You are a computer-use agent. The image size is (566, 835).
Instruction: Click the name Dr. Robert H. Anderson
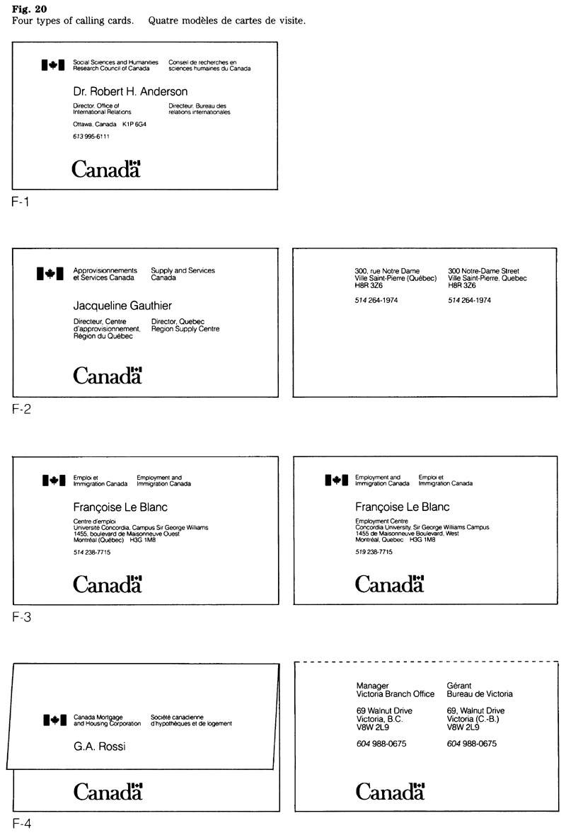click(x=130, y=92)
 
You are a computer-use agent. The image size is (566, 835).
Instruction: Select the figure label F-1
click(x=21, y=201)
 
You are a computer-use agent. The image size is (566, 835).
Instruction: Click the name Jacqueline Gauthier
click(x=122, y=306)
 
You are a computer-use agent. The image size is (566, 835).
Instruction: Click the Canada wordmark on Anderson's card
click(x=107, y=169)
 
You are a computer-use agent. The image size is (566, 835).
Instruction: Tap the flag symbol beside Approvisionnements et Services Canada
click(x=50, y=273)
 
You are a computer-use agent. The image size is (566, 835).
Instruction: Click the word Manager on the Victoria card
click(x=372, y=686)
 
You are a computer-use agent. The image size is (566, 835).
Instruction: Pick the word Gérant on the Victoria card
click(x=461, y=686)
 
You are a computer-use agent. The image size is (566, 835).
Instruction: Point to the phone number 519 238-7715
click(x=374, y=551)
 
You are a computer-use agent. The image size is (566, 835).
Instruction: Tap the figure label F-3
click(x=21, y=616)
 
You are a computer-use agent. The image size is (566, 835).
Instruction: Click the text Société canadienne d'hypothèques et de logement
click(x=191, y=720)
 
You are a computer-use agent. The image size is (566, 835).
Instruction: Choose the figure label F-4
click(x=21, y=823)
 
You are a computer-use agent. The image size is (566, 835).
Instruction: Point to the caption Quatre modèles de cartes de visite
click(x=227, y=21)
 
